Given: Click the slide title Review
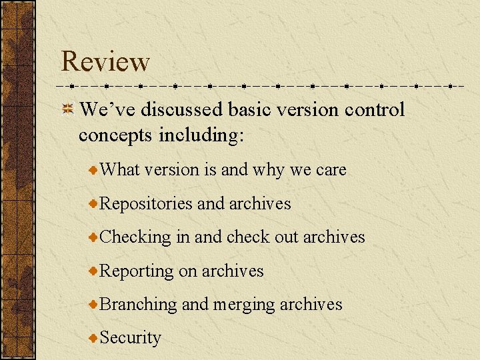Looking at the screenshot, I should (x=105, y=61).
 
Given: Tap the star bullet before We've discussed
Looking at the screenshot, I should (x=67, y=109).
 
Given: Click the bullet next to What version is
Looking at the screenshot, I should (x=94, y=170).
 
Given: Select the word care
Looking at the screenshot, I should (x=331, y=171).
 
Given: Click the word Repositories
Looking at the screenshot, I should (x=146, y=204).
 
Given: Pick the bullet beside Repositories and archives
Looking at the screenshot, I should (x=94, y=203).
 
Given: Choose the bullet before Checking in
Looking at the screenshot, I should (x=94, y=237).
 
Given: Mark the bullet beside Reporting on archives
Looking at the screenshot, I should (x=94, y=271).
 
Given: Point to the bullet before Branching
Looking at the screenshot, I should (x=94, y=304).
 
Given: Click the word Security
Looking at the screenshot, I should (x=130, y=338).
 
